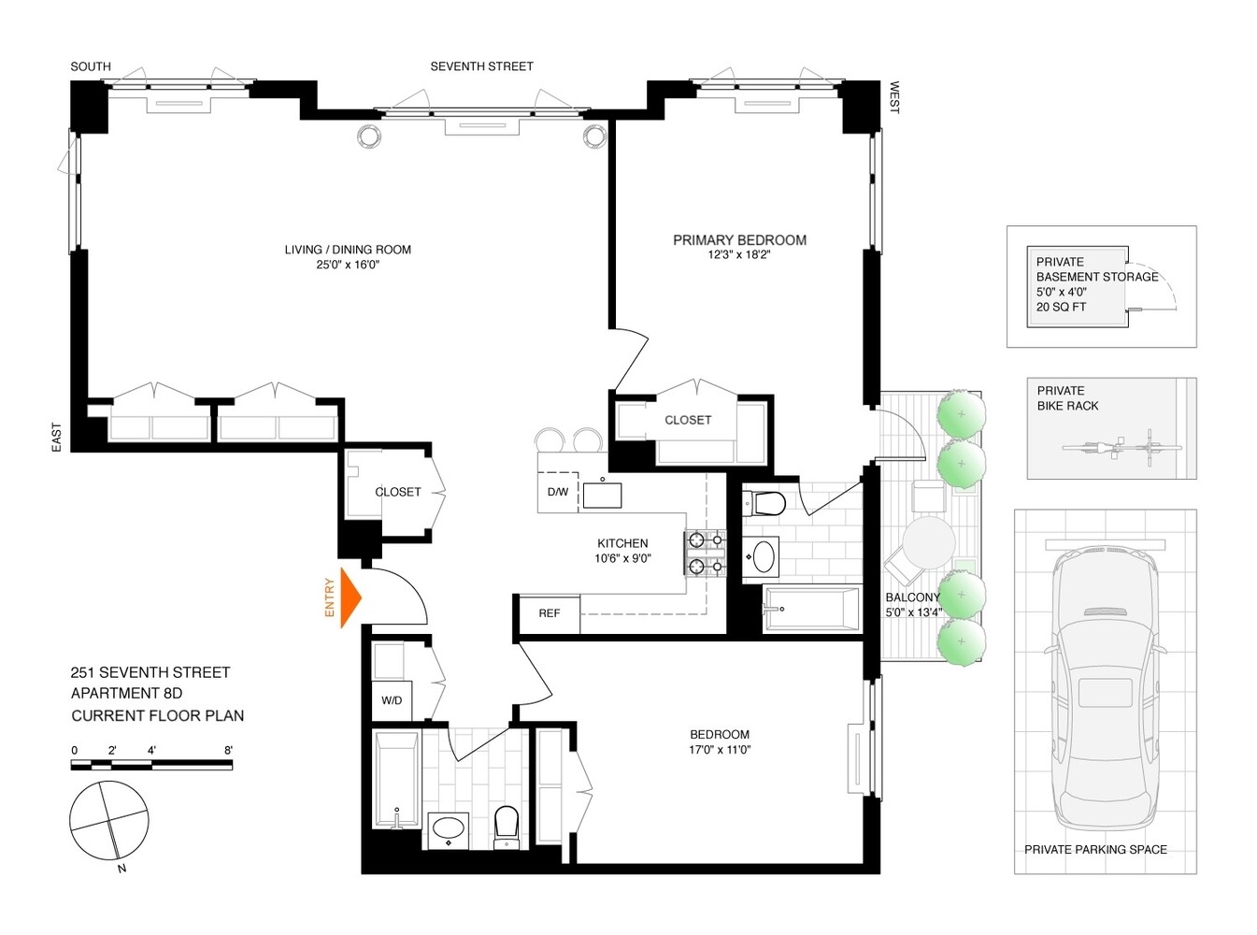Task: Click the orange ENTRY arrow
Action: point(349,597)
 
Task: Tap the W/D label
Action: point(392,700)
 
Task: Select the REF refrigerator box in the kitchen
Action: point(549,613)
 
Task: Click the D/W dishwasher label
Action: point(557,492)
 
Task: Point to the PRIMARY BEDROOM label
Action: point(739,240)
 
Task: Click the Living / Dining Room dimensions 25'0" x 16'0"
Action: point(348,265)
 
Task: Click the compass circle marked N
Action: point(108,821)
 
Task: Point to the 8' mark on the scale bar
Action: point(229,751)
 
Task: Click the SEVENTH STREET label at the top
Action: point(481,66)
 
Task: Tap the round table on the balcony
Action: point(929,542)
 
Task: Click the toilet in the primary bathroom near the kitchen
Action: point(766,504)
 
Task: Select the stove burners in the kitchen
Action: point(706,553)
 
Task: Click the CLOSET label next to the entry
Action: point(398,492)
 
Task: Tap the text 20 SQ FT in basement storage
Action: point(1061,307)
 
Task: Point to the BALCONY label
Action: point(912,597)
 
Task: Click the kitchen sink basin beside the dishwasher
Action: point(602,495)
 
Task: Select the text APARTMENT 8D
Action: point(127,693)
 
